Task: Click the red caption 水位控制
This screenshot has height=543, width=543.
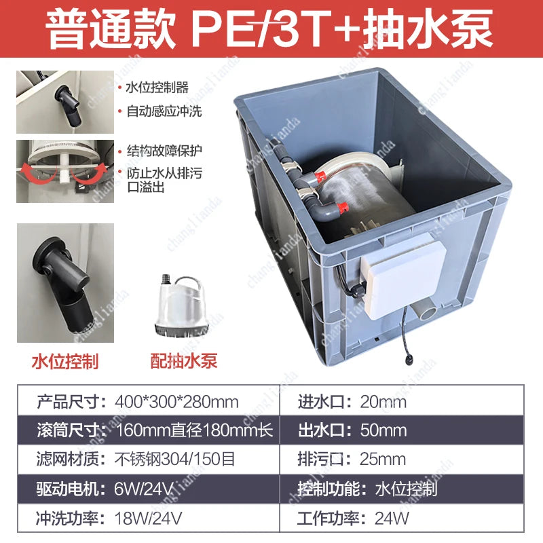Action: pyautogui.click(x=65, y=361)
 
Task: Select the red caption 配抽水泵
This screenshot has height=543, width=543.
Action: pyautogui.click(x=184, y=361)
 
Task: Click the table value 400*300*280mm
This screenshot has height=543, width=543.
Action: pyautogui.click(x=178, y=402)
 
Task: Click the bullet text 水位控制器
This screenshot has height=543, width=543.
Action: pyautogui.click(x=157, y=88)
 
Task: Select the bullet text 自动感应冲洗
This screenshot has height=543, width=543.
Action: pyautogui.click(x=164, y=111)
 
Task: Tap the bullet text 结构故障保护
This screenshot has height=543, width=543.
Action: pyautogui.click(x=164, y=150)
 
